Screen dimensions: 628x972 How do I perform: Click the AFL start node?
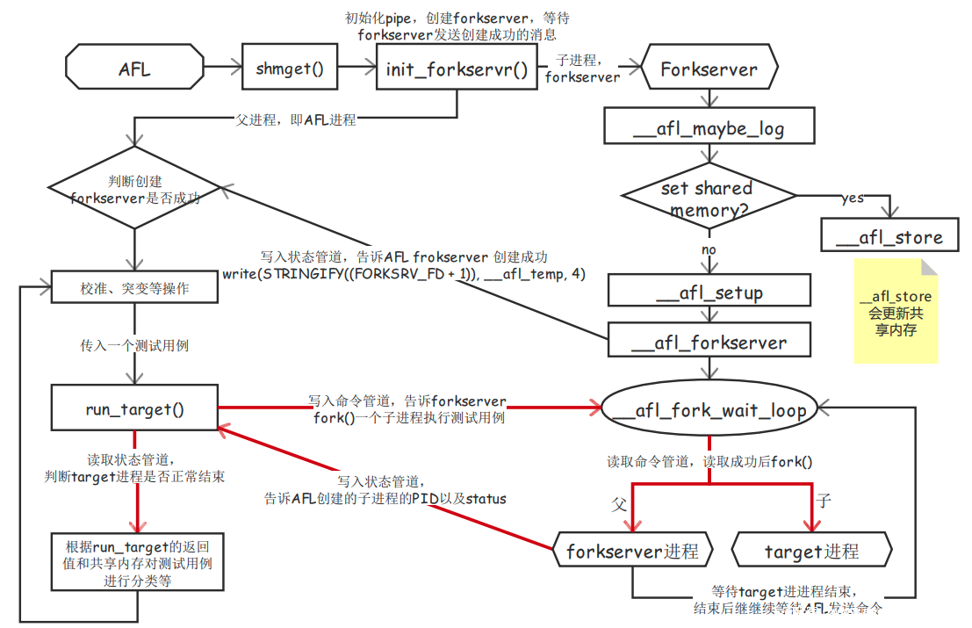[x=133, y=69]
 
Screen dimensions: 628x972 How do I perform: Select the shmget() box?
[x=290, y=69]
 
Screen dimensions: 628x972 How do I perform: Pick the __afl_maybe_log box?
[x=709, y=129]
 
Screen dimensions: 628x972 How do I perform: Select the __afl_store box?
[x=889, y=236]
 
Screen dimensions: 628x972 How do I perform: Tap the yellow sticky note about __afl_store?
[x=896, y=312]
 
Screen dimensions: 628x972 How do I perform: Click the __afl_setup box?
[x=709, y=292]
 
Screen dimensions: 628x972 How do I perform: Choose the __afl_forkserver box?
[x=709, y=343]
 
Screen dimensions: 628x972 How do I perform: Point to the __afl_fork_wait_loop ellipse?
[x=709, y=409]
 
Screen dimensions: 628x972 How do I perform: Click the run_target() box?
[x=134, y=408]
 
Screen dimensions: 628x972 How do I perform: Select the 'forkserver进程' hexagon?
[x=632, y=552]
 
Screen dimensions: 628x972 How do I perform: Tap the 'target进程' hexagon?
[x=811, y=552]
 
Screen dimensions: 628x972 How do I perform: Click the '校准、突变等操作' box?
[x=134, y=287]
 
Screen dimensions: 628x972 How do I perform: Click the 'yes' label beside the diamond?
[x=852, y=198]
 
